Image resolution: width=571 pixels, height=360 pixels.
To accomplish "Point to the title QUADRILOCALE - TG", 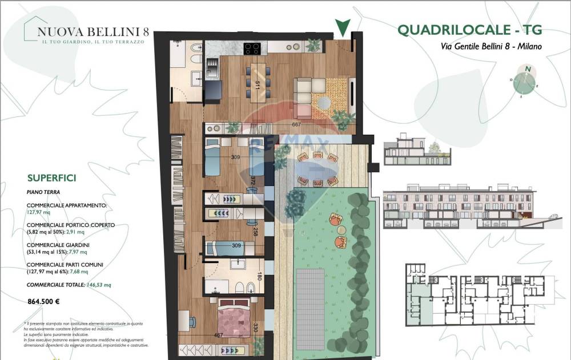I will click(x=469, y=30).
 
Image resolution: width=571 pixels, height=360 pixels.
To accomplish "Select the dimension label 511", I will click(x=258, y=86).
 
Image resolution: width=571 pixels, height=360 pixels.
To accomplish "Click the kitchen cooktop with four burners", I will click(x=252, y=48).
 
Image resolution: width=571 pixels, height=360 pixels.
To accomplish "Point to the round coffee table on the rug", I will click(x=324, y=103).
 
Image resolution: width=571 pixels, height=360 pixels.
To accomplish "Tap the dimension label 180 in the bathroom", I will click(x=259, y=277).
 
